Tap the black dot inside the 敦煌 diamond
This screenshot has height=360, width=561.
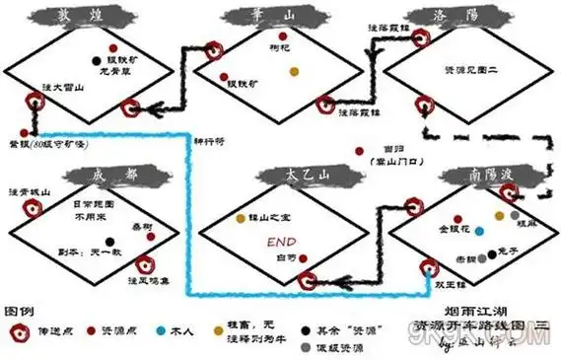pyautogui.click(x=96, y=60)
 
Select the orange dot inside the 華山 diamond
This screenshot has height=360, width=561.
pyautogui.click(x=293, y=71)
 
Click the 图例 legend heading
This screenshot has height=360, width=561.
pyautogui.click(x=19, y=296)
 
